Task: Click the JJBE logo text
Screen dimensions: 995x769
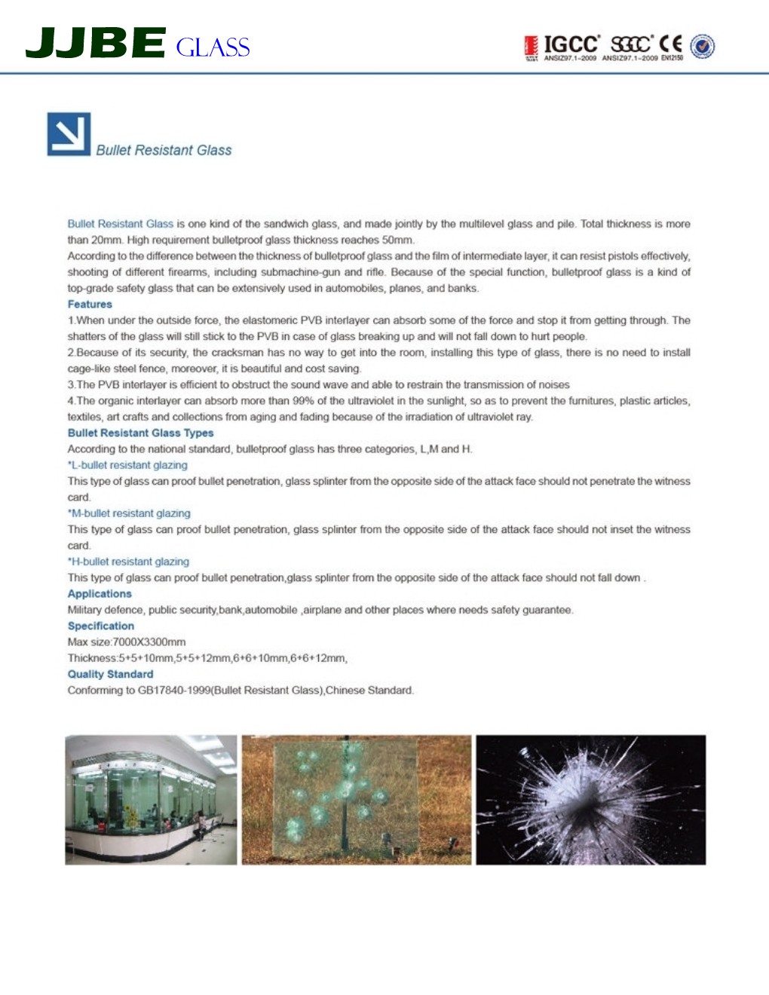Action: (x=95, y=43)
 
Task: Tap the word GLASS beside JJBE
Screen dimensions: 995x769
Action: (x=213, y=47)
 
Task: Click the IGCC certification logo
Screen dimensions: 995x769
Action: (x=571, y=44)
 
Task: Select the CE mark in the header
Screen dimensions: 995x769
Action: (x=670, y=44)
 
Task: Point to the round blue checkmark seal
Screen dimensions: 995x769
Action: (x=703, y=46)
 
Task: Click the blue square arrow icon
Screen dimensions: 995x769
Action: (x=69, y=134)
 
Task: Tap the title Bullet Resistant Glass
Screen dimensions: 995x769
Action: (x=164, y=150)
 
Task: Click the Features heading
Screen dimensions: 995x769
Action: (x=90, y=305)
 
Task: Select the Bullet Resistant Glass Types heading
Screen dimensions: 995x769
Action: (x=140, y=433)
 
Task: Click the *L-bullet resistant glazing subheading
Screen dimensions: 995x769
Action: (x=127, y=465)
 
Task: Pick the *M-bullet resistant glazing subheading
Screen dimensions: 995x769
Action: (x=129, y=513)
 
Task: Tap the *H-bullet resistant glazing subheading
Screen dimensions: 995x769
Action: (x=128, y=562)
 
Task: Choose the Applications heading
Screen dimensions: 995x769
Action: (x=100, y=594)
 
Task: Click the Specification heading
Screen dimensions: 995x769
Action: (x=101, y=626)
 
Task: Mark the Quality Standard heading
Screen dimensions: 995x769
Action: (x=110, y=674)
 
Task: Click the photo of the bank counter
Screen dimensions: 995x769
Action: (x=151, y=800)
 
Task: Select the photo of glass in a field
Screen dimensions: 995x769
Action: (x=356, y=800)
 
